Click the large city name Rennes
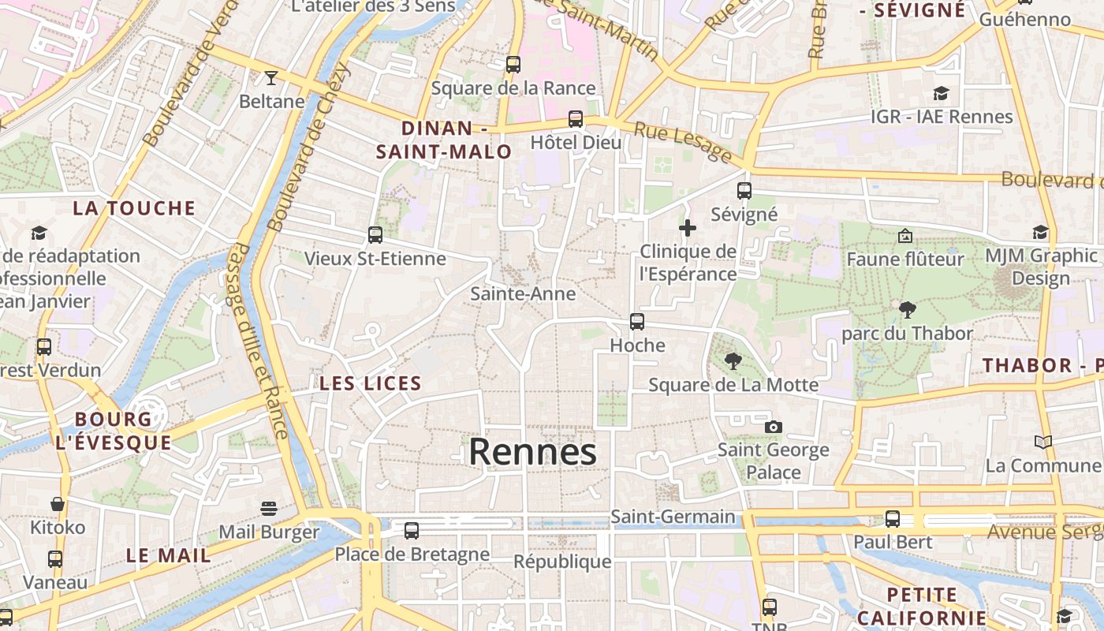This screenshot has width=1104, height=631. [x=532, y=452]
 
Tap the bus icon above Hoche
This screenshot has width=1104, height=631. [x=637, y=322]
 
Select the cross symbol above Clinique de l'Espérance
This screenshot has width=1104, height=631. [x=688, y=229]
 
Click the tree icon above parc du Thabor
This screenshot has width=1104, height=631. [x=908, y=310]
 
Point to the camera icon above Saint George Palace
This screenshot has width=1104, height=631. [x=774, y=427]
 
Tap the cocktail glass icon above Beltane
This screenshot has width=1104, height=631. [x=271, y=77]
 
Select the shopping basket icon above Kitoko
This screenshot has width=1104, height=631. [x=58, y=503]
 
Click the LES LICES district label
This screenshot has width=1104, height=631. [x=371, y=384]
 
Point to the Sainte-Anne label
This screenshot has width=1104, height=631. [x=523, y=293]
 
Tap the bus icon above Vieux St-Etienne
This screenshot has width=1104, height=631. [x=375, y=235]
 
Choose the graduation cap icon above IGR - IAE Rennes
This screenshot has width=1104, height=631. [x=941, y=94]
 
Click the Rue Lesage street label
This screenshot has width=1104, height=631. [x=683, y=142]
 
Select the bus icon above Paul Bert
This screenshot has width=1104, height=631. [x=893, y=519]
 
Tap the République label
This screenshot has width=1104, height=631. [x=562, y=562]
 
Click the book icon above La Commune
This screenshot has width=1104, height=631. [x=1043, y=442]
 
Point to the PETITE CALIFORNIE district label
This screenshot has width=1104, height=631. [x=922, y=606]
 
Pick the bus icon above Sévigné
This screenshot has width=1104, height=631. [x=744, y=191]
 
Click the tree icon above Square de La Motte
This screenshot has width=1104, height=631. [x=733, y=361]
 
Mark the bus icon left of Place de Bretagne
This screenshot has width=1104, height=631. [x=412, y=531]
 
